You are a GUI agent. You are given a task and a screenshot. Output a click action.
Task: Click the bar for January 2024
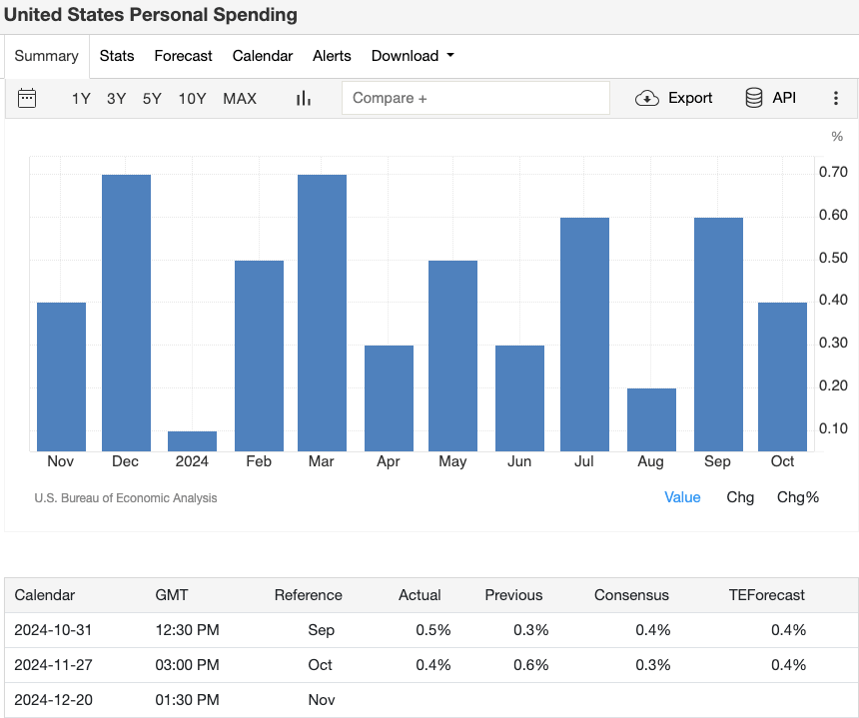(x=192, y=440)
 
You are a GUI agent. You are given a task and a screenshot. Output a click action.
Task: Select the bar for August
(x=651, y=419)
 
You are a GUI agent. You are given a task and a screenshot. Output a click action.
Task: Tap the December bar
(x=126, y=313)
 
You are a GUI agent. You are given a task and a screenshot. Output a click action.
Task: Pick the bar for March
(x=322, y=313)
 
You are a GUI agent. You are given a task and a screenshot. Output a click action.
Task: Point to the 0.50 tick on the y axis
(x=833, y=259)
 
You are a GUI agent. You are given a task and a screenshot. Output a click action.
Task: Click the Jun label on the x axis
(x=519, y=461)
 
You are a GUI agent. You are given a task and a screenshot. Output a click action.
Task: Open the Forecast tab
(x=183, y=56)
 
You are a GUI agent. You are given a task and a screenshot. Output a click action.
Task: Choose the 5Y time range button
(x=152, y=98)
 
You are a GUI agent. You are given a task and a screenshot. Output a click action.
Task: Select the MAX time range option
(x=240, y=98)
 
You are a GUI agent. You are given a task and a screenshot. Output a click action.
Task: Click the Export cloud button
(x=674, y=98)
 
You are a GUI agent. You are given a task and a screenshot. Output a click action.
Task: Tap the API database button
(x=770, y=98)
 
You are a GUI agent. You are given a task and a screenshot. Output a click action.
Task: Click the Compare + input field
(x=475, y=98)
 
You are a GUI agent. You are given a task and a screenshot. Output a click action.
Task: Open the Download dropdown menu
(x=412, y=56)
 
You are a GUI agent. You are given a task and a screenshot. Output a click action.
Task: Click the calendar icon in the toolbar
(x=27, y=98)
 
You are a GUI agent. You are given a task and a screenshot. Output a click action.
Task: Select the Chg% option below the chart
(x=798, y=497)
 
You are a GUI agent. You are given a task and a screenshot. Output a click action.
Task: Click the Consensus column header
(x=631, y=595)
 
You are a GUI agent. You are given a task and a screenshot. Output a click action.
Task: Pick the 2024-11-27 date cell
(x=53, y=665)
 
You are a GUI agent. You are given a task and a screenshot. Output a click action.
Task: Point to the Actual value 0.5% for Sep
(x=433, y=630)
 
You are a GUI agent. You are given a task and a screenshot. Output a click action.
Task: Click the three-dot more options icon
(x=836, y=98)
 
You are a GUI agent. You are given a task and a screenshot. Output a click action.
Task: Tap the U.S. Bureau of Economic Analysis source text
(x=125, y=497)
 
